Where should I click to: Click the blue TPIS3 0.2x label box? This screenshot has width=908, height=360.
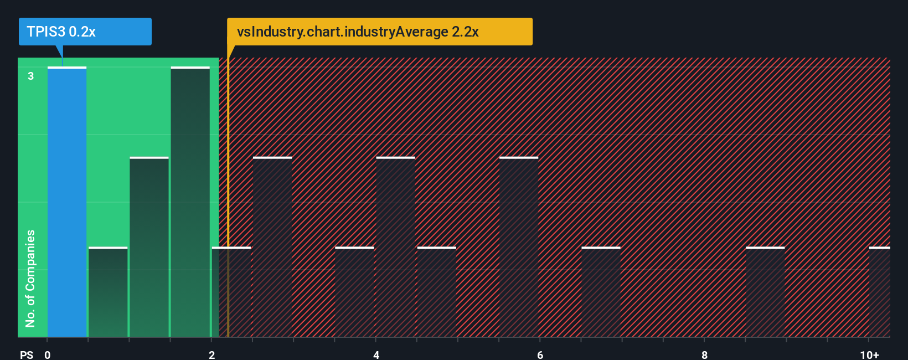click(85, 32)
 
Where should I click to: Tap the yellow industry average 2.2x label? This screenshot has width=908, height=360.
click(379, 32)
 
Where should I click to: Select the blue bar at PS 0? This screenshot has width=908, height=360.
click(67, 202)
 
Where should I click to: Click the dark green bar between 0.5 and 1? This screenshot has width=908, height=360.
click(108, 292)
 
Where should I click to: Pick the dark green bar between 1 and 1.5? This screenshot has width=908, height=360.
click(149, 247)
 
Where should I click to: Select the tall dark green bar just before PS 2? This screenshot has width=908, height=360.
click(190, 202)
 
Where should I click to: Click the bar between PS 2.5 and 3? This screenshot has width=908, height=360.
click(272, 247)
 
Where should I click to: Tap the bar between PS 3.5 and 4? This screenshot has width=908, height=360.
click(354, 292)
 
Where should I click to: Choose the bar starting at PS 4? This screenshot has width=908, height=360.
click(395, 247)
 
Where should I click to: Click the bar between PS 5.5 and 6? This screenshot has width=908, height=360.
click(519, 247)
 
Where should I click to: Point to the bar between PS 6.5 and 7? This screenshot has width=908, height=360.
click(601, 292)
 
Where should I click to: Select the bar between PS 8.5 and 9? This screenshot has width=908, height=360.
click(765, 292)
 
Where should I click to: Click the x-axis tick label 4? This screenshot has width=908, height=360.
click(376, 354)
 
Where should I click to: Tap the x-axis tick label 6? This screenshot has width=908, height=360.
click(540, 354)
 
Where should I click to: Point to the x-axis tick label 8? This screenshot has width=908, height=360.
click(704, 354)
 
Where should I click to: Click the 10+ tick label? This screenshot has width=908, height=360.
click(869, 354)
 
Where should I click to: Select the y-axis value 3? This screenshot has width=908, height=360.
click(31, 76)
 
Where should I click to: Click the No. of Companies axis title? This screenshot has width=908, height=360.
click(30, 279)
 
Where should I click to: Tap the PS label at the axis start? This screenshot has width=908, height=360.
click(27, 354)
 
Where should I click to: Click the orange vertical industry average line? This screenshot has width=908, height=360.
click(228, 222)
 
